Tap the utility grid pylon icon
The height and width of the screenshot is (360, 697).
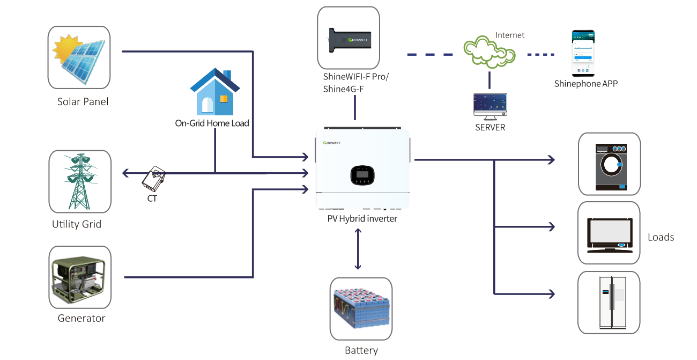coord(79,181)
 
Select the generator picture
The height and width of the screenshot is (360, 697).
coord(79,277)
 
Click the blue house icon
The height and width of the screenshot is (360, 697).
coord(214,92)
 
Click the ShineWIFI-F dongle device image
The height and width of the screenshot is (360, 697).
coord(348,38)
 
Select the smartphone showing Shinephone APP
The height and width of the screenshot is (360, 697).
coord(582,53)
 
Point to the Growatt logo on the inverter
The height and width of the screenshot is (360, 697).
coord(336,143)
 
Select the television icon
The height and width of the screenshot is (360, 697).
coord(609,233)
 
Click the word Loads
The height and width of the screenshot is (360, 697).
coord(661,237)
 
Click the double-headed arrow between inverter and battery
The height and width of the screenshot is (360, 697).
coord(358,248)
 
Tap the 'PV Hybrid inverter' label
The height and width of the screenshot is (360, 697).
coord(362,219)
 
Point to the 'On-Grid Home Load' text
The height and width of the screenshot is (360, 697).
coord(212,123)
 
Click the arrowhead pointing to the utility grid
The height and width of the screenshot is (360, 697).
coord(125,173)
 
